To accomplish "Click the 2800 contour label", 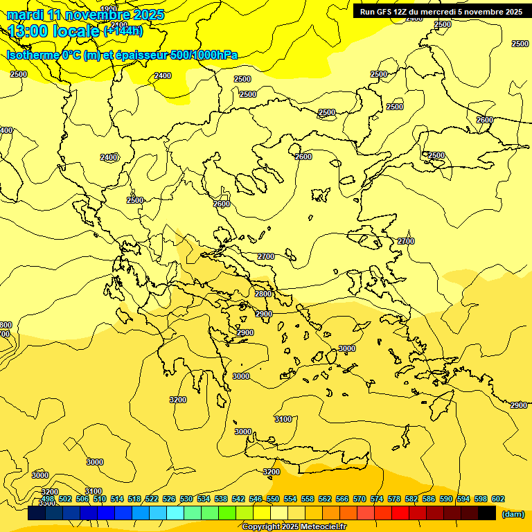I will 263,294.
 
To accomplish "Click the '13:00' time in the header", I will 27,31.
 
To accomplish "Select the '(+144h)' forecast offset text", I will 123,31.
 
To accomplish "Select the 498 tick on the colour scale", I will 48,499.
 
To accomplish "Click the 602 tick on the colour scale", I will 497,499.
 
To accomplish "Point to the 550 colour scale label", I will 272,499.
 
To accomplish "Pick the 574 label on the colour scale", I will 377,499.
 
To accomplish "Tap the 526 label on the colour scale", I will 169,499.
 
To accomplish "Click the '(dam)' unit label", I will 513,514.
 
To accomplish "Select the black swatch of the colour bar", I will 487,513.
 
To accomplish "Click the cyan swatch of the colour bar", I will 175,513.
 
